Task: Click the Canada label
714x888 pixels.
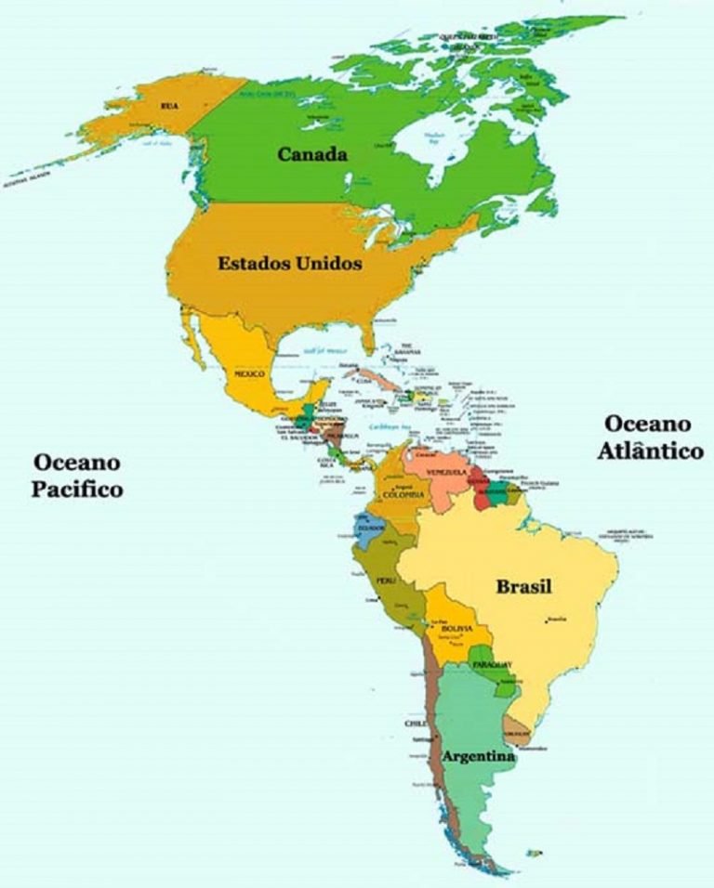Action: pyautogui.click(x=312, y=154)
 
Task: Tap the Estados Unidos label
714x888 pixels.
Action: pyautogui.click(x=289, y=264)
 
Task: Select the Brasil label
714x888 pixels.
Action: pyautogui.click(x=523, y=587)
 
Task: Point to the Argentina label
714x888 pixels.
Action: pyautogui.click(x=479, y=757)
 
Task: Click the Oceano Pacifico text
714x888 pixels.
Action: pyautogui.click(x=77, y=475)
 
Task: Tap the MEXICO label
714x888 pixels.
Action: pyautogui.click(x=249, y=373)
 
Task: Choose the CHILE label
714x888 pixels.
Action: pyautogui.click(x=415, y=723)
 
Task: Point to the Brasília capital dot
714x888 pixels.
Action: pyautogui.click(x=548, y=620)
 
